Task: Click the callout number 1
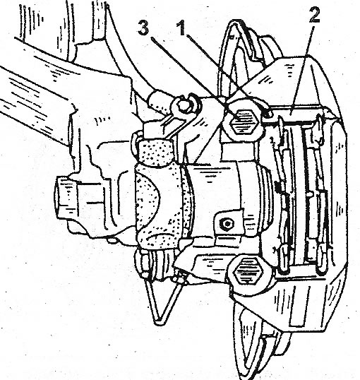[182, 28]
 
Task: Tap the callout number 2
[313, 14]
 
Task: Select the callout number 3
[143, 28]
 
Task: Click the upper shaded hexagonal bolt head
[244, 121]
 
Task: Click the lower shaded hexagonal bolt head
[248, 271]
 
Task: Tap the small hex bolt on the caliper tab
[227, 223]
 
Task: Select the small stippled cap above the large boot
[156, 152]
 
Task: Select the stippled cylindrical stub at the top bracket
[160, 100]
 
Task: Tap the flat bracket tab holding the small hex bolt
[229, 223]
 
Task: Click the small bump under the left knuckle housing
[112, 240]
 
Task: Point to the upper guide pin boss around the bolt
[243, 121]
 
